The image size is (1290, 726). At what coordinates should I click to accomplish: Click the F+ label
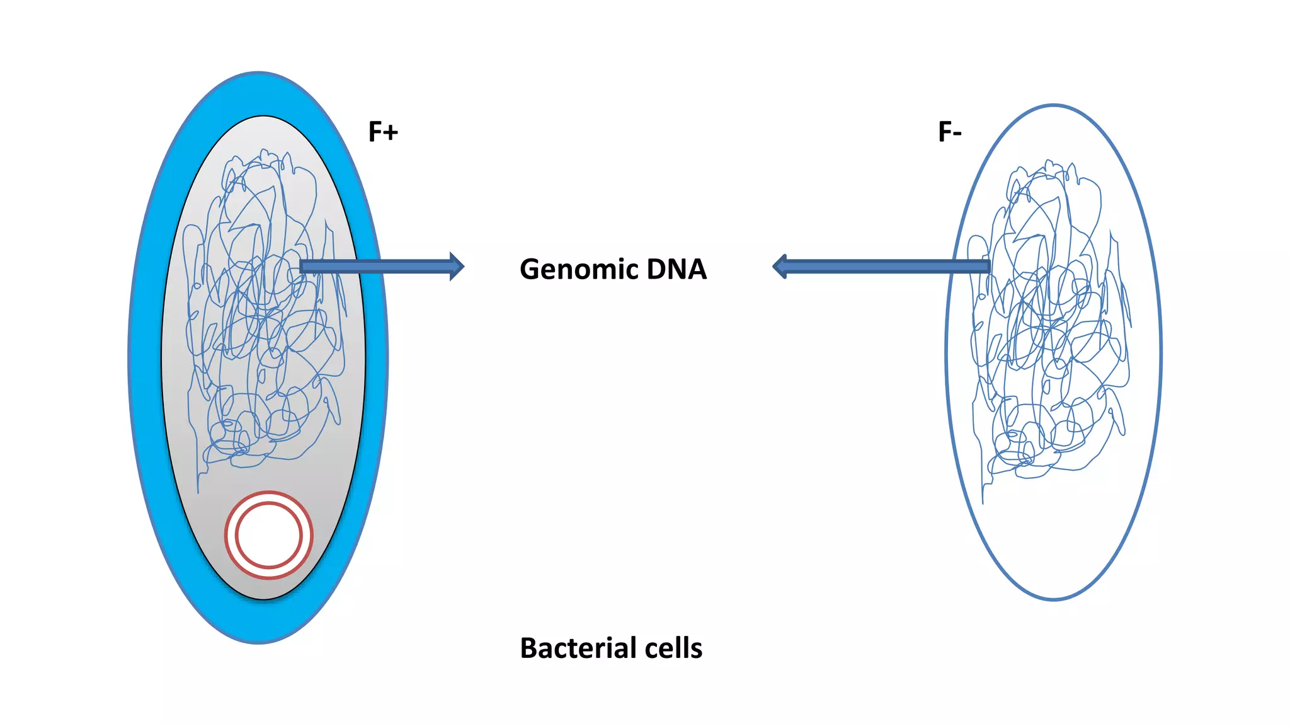[383, 132]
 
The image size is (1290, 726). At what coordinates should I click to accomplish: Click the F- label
[949, 132]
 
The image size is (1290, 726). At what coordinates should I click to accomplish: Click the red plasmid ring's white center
[269, 535]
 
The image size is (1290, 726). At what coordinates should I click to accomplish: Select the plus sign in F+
[391, 133]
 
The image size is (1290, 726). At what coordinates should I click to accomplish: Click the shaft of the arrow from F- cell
[882, 267]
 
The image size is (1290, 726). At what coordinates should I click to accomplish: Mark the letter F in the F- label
[944, 132]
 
